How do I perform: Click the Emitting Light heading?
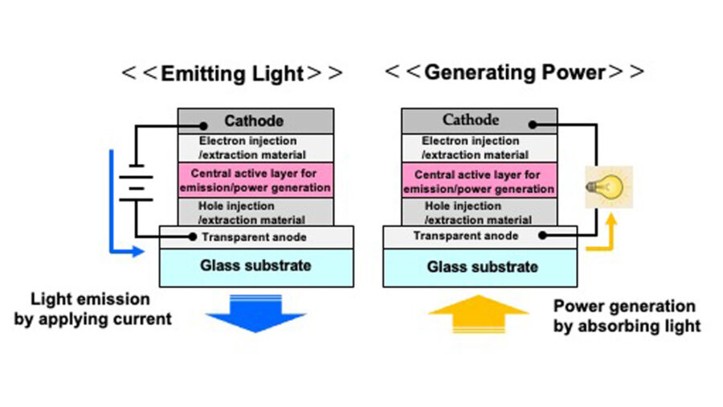[232, 74]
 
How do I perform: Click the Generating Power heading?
[514, 72]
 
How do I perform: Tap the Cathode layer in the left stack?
[255, 121]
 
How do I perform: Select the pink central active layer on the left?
[255, 181]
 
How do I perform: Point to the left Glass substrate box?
[256, 266]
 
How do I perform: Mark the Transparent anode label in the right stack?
[466, 236]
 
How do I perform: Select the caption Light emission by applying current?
[92, 309]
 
